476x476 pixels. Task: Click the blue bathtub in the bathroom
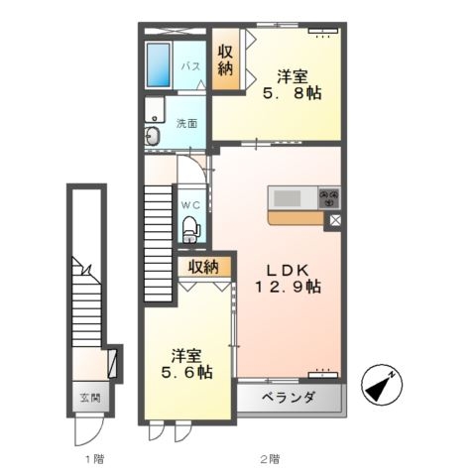[159, 64]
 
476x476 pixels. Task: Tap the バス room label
[191, 66]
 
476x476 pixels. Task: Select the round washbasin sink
[153, 136]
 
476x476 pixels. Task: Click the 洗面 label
[186, 124]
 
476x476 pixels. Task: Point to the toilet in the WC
[191, 229]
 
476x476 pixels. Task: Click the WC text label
[190, 205]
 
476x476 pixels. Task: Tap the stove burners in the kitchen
[329, 197]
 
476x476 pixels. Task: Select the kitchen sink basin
[288, 198]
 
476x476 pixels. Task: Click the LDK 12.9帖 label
[288, 279]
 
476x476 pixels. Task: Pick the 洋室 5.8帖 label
[292, 85]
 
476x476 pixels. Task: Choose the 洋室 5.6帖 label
[186, 364]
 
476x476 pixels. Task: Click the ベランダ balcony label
[289, 397]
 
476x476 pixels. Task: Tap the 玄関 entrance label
[90, 398]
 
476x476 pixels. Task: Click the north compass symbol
[382, 386]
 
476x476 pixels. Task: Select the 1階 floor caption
[95, 459]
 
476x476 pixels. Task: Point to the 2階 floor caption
[270, 459]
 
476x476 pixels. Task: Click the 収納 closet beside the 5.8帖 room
[225, 59]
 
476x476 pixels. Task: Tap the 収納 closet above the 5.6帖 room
[203, 267]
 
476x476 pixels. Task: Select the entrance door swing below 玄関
[88, 429]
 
